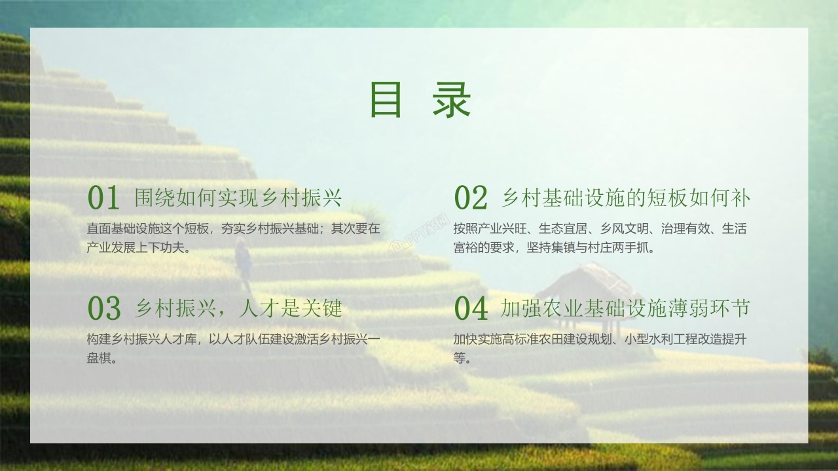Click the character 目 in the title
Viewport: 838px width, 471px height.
[386, 99]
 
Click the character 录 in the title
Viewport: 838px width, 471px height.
[452, 99]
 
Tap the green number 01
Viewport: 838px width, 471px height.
[104, 198]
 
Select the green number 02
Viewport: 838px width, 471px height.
[471, 198]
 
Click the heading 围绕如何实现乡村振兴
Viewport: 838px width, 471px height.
[238, 198]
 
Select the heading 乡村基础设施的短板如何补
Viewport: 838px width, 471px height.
[625, 198]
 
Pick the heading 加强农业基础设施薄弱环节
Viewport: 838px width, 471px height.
[625, 308]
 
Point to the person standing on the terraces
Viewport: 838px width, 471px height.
[243, 258]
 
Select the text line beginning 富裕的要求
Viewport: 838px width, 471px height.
[554, 248]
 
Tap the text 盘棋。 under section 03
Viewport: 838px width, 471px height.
[102, 358]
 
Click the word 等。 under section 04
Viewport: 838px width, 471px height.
[462, 358]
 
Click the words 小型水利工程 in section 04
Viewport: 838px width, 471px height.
[657, 340]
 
